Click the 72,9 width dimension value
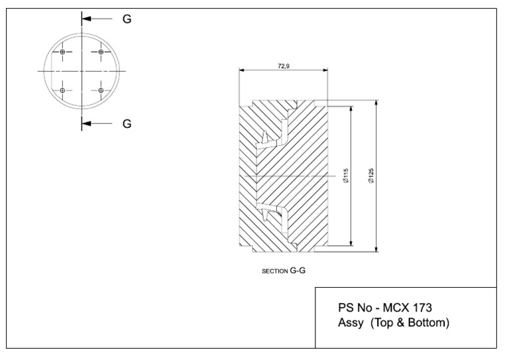pos(284,66)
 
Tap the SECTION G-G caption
pos(283,270)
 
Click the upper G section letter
pos(127,19)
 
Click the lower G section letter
pos(127,123)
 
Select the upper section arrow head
pos(86,19)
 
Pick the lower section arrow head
pos(86,123)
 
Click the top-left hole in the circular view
pos(62,52)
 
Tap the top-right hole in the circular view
pos(101,52)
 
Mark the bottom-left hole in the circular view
pos(62,90)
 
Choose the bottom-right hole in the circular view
pos(101,90)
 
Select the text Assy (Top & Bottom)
pos(394,323)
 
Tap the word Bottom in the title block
pos(430,323)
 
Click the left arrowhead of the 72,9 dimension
pos(242,70)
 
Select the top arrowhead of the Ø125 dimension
pos(377,103)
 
